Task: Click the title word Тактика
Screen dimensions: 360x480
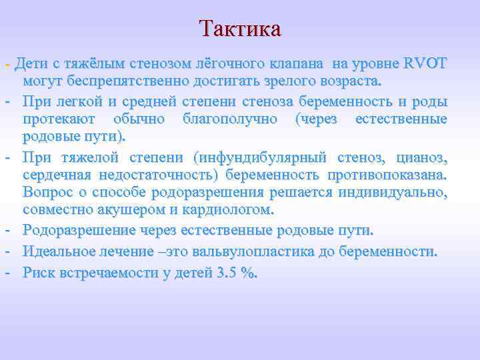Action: pos(240,29)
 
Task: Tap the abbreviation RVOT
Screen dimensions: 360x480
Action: pos(425,64)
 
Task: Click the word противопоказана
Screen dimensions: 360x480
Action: pos(387,174)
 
